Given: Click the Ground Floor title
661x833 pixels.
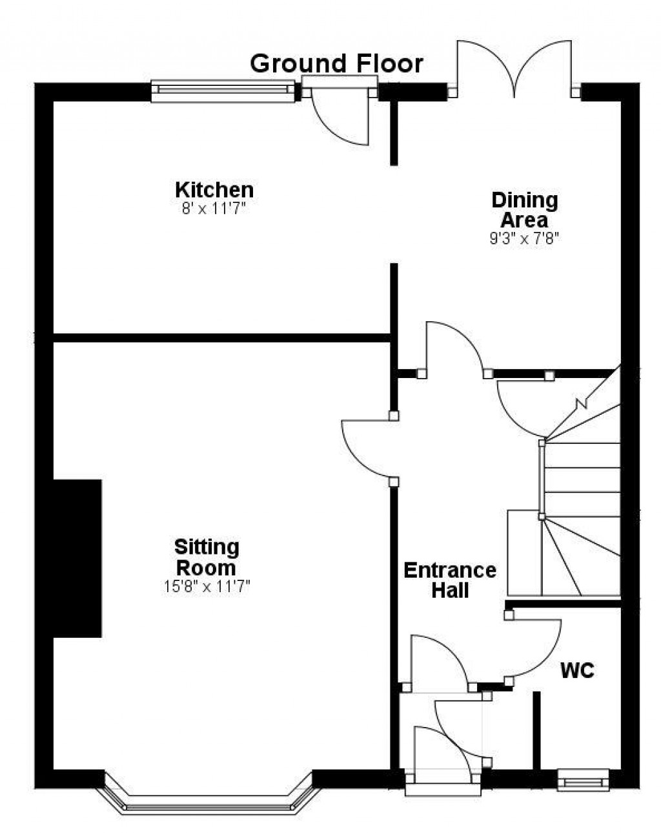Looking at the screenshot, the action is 336,63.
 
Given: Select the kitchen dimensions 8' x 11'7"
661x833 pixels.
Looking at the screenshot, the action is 214,209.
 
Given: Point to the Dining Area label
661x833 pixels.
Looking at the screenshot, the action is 524,210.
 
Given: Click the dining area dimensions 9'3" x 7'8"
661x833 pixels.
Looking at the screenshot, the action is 524,238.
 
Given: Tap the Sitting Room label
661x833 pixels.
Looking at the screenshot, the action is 207,558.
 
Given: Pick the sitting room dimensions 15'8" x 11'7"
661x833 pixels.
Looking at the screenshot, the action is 207,586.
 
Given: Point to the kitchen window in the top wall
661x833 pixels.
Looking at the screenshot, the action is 223,91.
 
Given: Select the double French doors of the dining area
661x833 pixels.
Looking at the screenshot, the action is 514,69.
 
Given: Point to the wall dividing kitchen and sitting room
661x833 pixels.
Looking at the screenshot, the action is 221,337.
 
